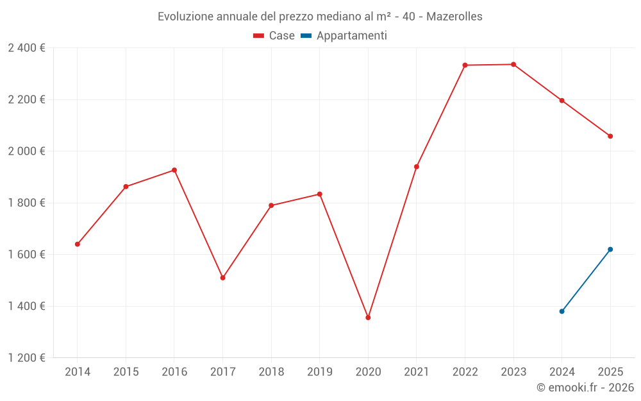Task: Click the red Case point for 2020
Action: point(368,318)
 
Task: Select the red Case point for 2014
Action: point(78,244)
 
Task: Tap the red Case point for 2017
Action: point(223,278)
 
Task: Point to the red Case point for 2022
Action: point(465,65)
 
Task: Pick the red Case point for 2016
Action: point(174,170)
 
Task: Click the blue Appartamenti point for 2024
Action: point(562,311)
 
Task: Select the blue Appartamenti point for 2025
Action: point(610,250)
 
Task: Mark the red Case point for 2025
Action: point(610,136)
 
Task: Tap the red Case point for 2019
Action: point(320,194)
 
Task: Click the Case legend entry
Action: point(274,35)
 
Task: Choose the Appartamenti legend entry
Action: point(344,35)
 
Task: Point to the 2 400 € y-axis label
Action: point(26,48)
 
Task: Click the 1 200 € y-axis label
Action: point(26,358)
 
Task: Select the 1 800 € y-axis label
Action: point(26,203)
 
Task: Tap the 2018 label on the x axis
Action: point(271,371)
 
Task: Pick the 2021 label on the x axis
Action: point(417,371)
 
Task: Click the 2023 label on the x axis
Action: point(513,371)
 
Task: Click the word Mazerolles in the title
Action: point(454,17)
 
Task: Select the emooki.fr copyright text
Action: point(585,387)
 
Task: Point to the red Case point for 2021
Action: point(417,167)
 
